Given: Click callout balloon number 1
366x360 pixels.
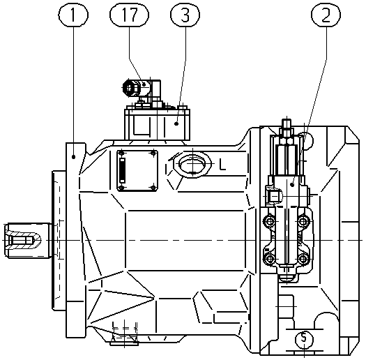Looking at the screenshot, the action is (x=73, y=15).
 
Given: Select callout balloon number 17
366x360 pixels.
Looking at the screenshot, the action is (x=129, y=15).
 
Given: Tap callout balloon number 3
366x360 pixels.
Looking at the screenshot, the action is (x=185, y=15).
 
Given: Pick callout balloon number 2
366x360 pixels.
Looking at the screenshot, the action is (x=326, y=15).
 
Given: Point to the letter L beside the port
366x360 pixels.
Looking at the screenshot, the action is (x=222, y=165).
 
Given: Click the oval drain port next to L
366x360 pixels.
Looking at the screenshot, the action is (x=192, y=164).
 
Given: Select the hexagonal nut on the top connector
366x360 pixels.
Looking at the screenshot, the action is (x=128, y=88).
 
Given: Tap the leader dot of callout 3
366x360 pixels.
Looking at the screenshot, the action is (x=176, y=123).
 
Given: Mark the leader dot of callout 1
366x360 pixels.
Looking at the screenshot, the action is (x=73, y=157).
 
